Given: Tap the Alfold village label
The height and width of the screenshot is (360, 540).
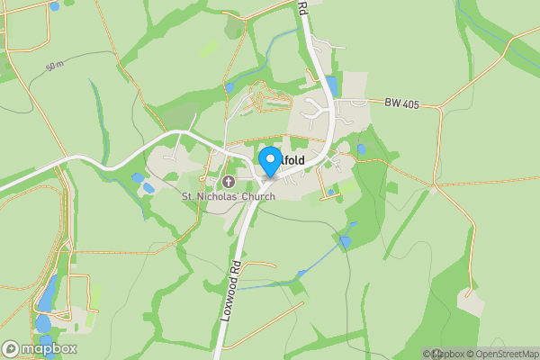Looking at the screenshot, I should pos(291,161).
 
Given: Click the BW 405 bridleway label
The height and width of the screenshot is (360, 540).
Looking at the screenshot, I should pos(401,104).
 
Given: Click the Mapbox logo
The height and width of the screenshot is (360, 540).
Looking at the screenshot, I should pos(39,348).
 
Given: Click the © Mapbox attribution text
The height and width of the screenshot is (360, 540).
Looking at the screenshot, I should pos(443,353).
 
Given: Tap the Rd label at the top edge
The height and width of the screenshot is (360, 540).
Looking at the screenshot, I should pos(302,8).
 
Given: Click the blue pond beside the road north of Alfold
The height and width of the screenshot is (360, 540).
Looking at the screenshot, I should pos(331,86).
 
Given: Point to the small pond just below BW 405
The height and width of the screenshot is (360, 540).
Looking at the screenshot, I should pos(361,148).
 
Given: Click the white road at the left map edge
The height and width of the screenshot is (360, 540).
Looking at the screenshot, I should pos(9,186).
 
